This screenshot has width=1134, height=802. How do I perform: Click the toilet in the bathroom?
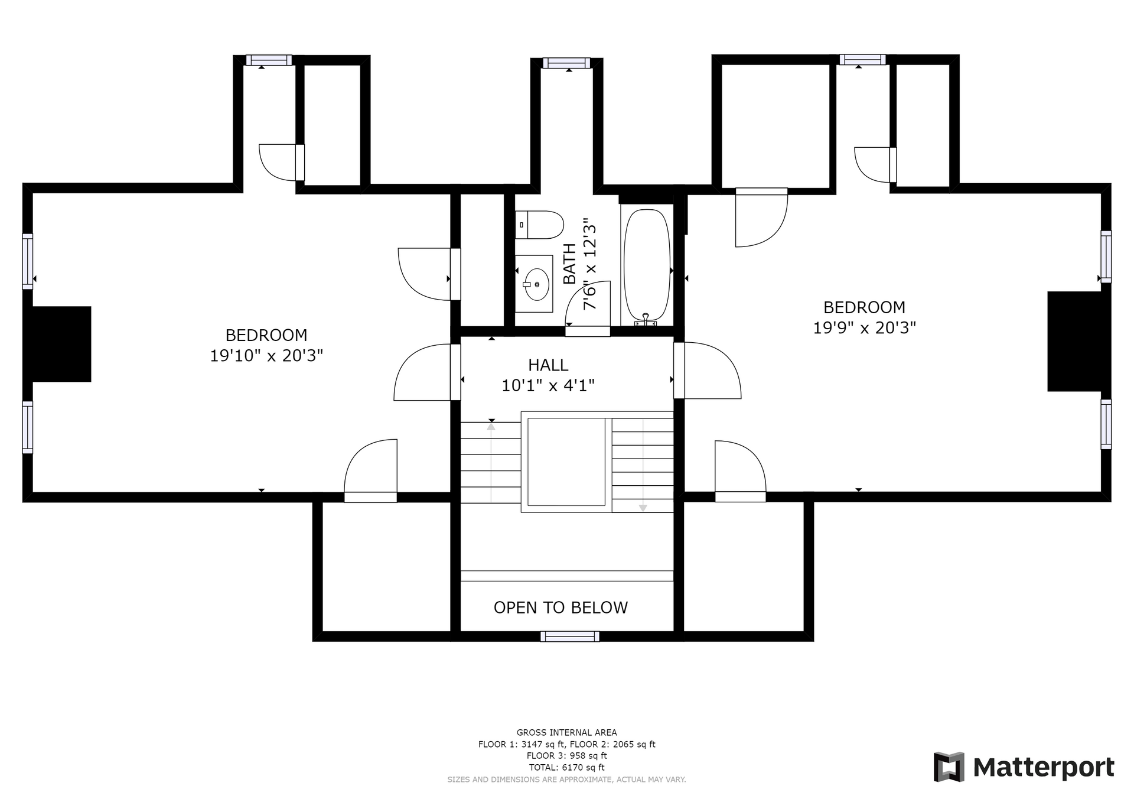point(539,225)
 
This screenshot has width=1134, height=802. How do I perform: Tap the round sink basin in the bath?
point(537,284)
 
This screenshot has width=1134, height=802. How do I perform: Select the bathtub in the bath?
point(647,265)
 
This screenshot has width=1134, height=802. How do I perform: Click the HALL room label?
point(548,365)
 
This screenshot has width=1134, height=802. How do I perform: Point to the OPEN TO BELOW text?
point(561,608)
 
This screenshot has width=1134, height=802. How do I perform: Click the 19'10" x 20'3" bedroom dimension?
point(266,356)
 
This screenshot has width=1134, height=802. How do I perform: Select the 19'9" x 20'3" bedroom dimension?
point(864,327)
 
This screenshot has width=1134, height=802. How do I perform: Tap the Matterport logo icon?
point(949,767)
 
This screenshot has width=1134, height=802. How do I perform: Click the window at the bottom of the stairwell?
point(569,637)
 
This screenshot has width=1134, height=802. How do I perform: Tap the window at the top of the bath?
point(566,63)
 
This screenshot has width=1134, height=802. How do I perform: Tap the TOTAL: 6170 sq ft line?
point(567,767)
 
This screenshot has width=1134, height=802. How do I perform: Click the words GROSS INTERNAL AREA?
point(567,732)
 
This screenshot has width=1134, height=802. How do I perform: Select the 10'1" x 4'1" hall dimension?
point(548,385)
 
